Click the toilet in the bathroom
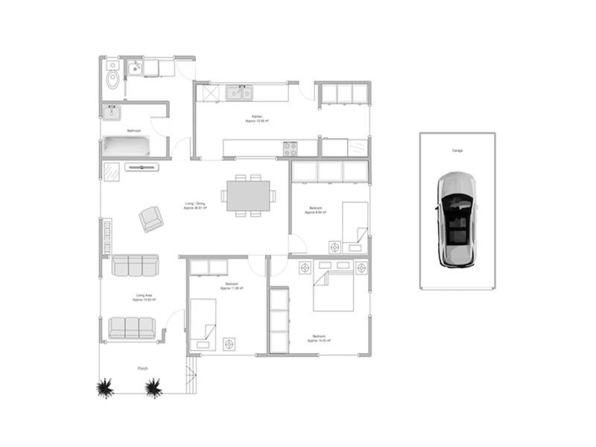tap(112, 77)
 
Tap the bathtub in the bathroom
tap(126, 146)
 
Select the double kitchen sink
tap(240, 93)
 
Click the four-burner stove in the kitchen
tap(290, 148)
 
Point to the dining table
tap(248, 196)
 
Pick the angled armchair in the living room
tap(151, 218)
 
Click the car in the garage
tap(456, 220)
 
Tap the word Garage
tap(457, 150)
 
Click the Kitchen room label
tap(256, 118)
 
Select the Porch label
tap(142, 368)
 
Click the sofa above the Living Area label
tap(135, 265)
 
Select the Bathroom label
tap(134, 130)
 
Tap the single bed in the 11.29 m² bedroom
tap(203, 324)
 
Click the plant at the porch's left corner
tap(104, 387)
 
